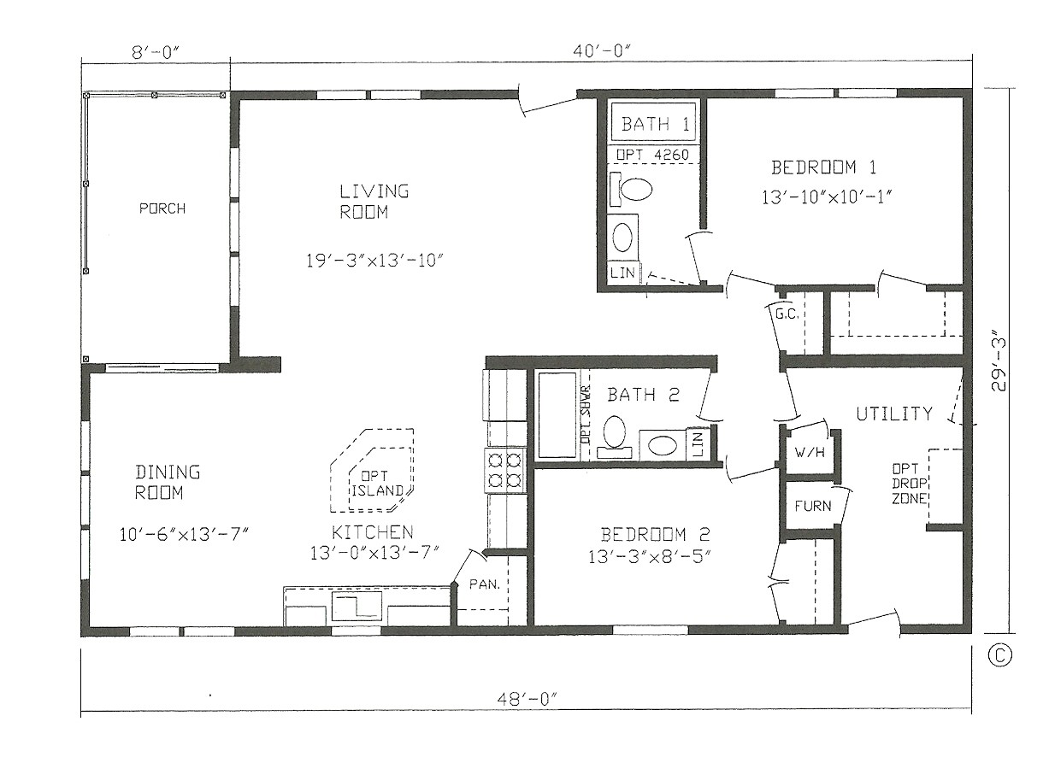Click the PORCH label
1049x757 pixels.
point(162,208)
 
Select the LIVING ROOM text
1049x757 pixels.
point(374,202)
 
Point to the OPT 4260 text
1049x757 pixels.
point(654,155)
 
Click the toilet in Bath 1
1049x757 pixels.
point(634,188)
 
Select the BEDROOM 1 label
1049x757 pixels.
point(823,167)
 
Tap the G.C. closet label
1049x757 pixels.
point(787,314)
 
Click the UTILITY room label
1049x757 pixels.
point(894,414)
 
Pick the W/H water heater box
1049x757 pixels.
point(810,452)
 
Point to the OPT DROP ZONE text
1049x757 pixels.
point(907,484)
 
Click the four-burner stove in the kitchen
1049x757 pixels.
point(504,471)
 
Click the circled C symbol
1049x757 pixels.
point(999,654)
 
